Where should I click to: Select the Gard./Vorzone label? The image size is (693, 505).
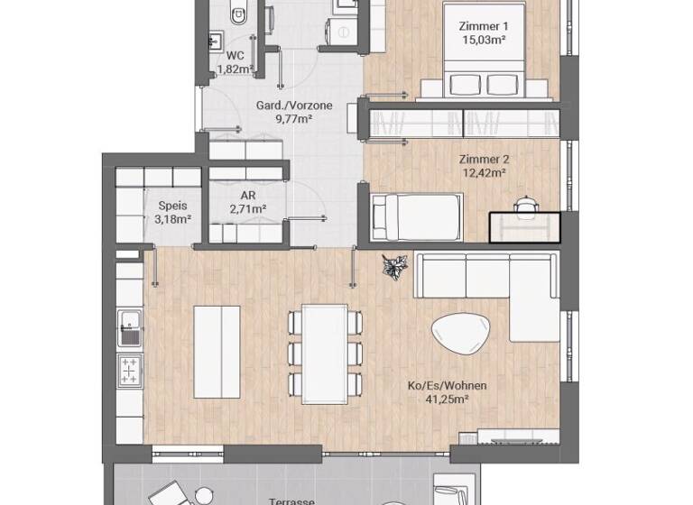[x=294, y=106]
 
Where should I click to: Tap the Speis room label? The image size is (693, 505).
[x=172, y=206]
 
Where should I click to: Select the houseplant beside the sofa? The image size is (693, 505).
[x=394, y=267]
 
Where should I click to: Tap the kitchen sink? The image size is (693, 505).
[x=129, y=326]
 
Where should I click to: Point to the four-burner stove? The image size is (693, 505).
[x=130, y=370]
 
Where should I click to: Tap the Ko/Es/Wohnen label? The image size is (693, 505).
[x=448, y=386]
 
